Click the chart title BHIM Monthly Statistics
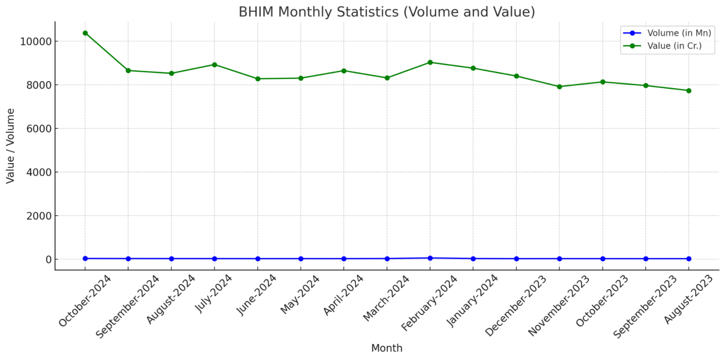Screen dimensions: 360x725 (387, 12)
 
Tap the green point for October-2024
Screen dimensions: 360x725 (85, 33)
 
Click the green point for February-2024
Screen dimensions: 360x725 (430, 62)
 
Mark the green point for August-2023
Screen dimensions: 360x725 (689, 91)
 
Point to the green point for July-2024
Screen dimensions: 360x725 (214, 65)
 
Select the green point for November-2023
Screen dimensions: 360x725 (559, 87)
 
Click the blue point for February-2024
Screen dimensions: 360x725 (430, 258)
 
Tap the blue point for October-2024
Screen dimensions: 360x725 (85, 259)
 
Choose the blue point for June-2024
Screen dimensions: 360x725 (258, 259)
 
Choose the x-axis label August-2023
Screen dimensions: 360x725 (683, 299)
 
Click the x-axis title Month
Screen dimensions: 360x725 (387, 348)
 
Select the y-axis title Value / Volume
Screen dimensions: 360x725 (10, 146)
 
